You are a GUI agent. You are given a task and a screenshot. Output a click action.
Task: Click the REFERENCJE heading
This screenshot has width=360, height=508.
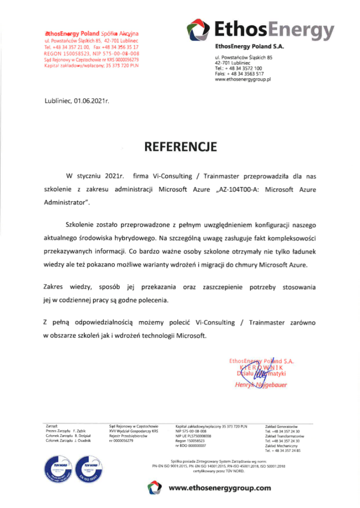(180, 147)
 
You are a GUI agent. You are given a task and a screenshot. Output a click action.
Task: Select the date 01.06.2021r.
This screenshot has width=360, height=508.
(91, 101)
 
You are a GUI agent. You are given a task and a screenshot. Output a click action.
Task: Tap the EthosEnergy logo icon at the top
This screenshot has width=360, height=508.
(198, 29)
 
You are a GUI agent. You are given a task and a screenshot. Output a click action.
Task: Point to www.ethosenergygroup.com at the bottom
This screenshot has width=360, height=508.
(220, 488)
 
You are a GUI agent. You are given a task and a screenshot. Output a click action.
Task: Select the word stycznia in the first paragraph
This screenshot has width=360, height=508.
(94, 176)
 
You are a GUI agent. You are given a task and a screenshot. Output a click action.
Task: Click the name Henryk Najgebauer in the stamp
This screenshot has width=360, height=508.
(261, 384)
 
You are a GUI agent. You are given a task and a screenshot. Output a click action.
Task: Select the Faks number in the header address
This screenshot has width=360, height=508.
(235, 74)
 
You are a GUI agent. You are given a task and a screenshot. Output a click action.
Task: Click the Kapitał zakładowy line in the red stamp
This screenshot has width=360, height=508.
(91, 65)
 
